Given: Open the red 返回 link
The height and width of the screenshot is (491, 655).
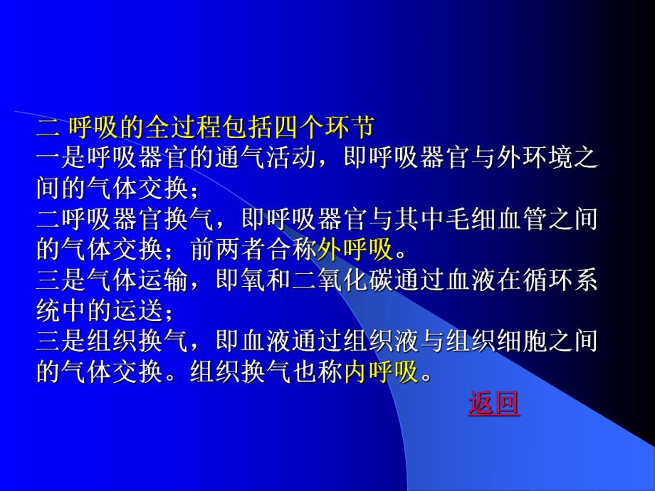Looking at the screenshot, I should (494, 403).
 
